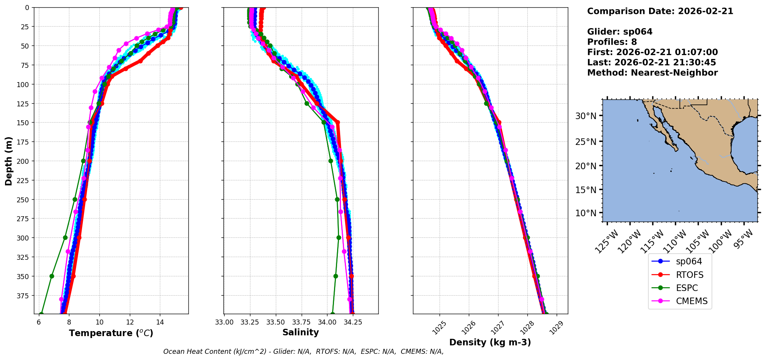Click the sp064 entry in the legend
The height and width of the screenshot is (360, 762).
688,261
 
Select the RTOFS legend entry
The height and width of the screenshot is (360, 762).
689,275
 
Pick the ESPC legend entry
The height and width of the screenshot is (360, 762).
686,288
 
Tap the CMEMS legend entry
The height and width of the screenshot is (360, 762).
692,301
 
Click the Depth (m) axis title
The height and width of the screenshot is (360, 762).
8,161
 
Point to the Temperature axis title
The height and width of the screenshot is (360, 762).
111,333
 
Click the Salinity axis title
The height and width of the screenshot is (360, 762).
300,332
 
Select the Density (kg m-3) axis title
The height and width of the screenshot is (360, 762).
490,342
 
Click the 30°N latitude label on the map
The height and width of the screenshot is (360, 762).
586,116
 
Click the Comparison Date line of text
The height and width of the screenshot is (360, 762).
660,11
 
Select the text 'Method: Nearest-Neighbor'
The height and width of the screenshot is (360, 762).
652,73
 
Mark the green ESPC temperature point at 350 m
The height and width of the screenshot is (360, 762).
52,276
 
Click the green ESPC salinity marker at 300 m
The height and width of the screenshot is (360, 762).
339,237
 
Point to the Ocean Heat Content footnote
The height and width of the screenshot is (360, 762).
303,352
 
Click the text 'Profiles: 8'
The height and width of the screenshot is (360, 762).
612,42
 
